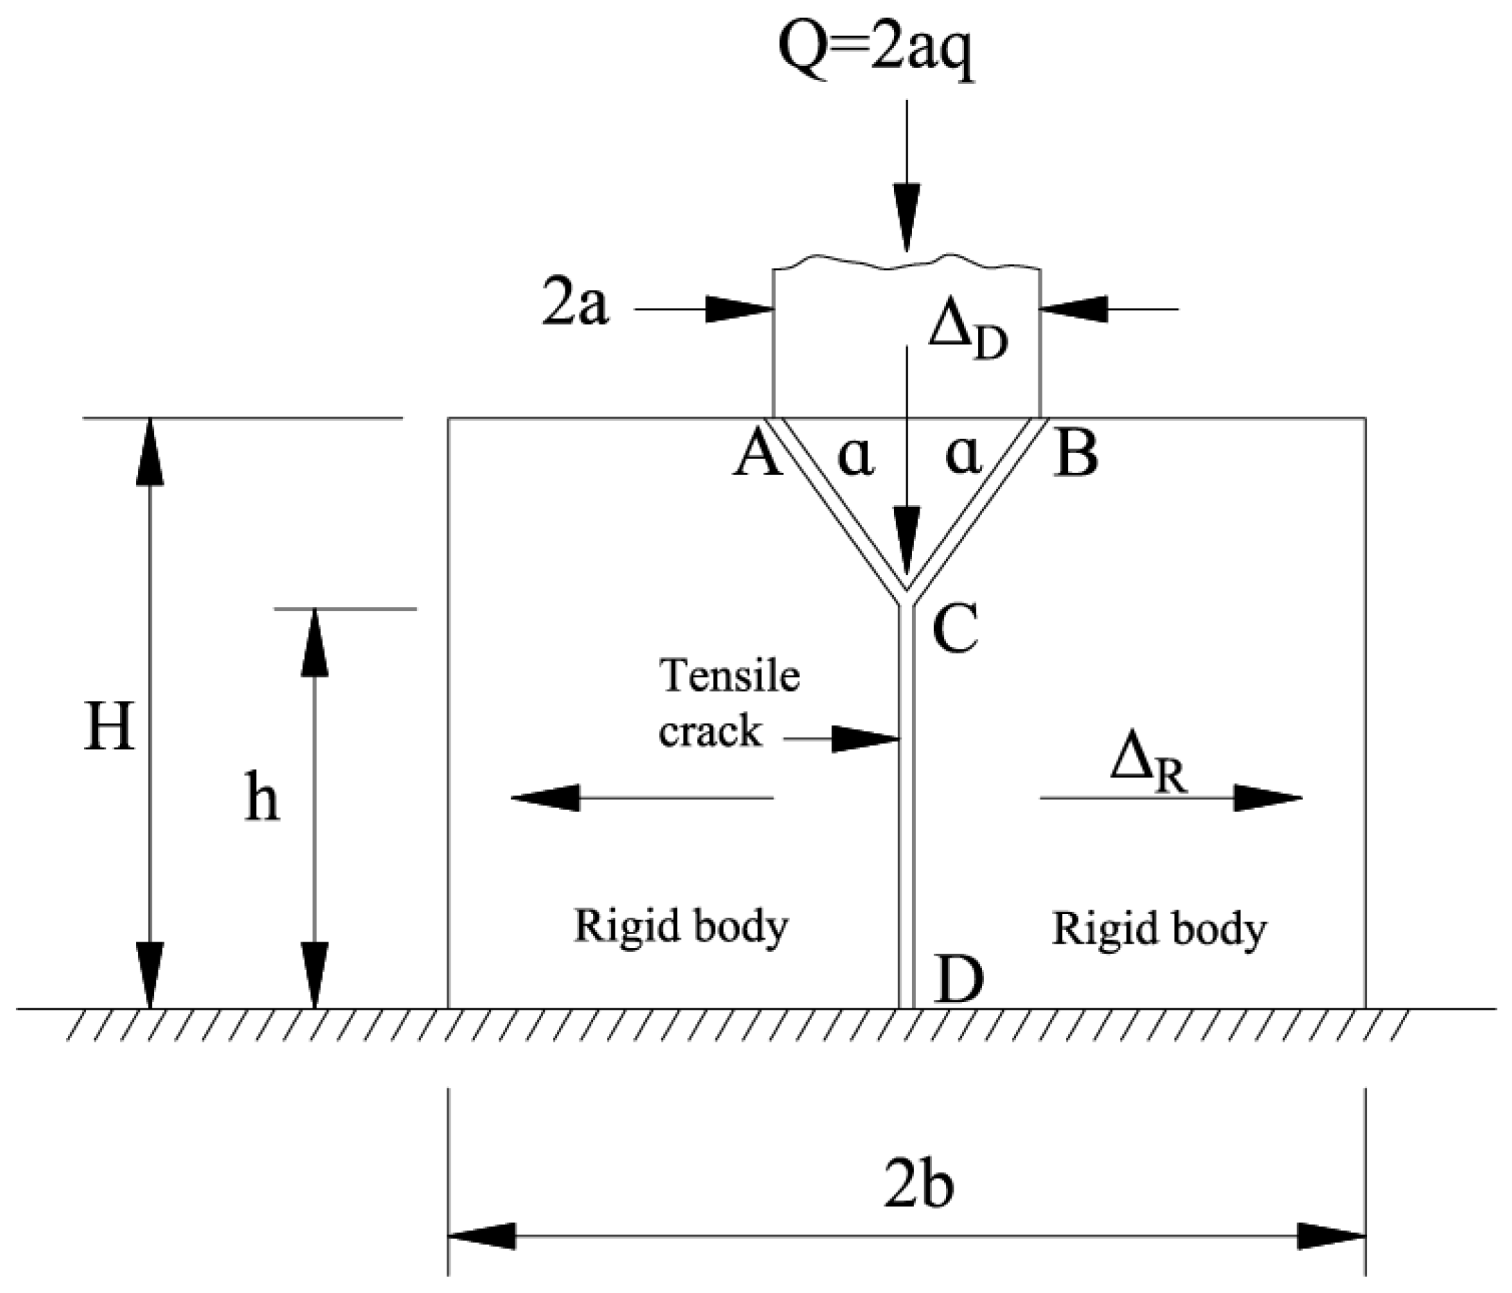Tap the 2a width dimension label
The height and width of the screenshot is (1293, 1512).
pyautogui.click(x=574, y=306)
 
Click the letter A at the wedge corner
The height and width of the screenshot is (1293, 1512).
pyautogui.click(x=757, y=456)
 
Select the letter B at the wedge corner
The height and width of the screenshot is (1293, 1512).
pyautogui.click(x=1077, y=456)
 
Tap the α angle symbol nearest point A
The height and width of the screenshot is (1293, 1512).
pyautogui.click(x=855, y=458)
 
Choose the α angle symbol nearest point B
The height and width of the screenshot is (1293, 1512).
pyautogui.click(x=963, y=457)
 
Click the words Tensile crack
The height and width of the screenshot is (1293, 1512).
pyautogui.click(x=729, y=703)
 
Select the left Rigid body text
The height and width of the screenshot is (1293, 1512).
pyautogui.click(x=681, y=927)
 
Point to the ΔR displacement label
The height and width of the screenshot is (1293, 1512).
pyautogui.click(x=1148, y=770)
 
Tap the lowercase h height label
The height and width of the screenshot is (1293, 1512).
pyautogui.click(x=261, y=799)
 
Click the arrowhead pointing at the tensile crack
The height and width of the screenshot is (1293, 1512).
pyautogui.click(x=865, y=739)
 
